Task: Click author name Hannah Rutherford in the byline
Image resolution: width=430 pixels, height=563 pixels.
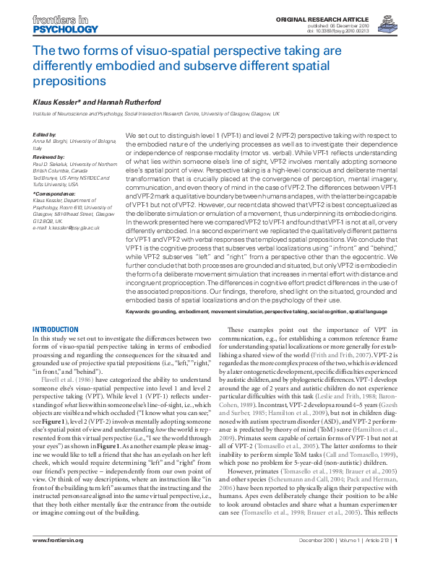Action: pos(113,102)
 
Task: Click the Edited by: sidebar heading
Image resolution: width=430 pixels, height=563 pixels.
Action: pos(45,135)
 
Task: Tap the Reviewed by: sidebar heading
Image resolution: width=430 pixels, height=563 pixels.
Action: pos(49,156)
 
